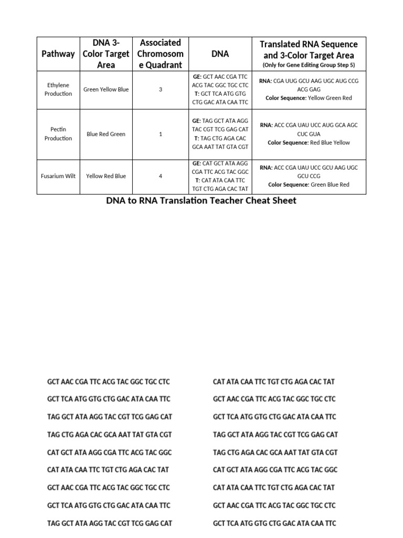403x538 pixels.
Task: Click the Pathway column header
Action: [x=58, y=54]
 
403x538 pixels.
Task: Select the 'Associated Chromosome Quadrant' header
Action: [x=161, y=54]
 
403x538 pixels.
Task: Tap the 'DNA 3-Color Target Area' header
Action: [x=106, y=54]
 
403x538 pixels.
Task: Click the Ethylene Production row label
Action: [x=58, y=89]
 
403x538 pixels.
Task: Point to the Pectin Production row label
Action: [x=58, y=134]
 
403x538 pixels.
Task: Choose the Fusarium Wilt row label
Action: [x=58, y=176]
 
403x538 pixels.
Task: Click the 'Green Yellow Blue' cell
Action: [x=106, y=89]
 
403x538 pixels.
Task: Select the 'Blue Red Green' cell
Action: [x=106, y=134]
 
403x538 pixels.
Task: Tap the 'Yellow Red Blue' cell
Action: [x=106, y=176]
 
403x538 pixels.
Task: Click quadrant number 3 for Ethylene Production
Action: [x=161, y=89]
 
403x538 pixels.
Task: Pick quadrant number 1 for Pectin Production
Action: [x=161, y=134]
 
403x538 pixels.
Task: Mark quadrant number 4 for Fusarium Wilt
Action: [x=161, y=176]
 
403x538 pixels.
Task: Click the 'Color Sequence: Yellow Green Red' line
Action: [x=309, y=98]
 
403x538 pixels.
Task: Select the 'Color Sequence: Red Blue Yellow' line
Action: [x=309, y=142]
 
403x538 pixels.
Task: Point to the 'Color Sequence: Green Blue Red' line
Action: [x=309, y=184]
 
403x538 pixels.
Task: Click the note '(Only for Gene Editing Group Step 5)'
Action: [x=309, y=65]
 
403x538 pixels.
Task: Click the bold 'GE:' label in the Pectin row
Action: [x=197, y=120]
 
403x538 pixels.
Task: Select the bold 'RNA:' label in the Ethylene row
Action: [x=266, y=81]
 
